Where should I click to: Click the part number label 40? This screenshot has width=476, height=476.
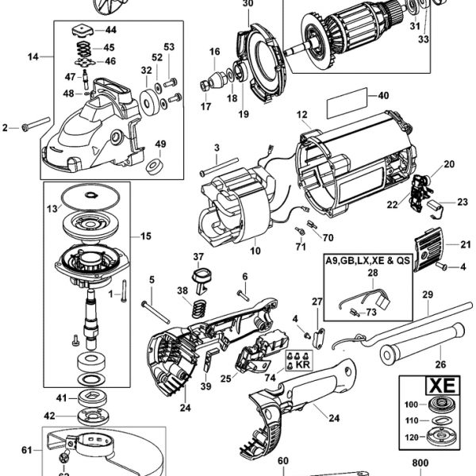coord(383,96)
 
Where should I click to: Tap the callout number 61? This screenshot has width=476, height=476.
coord(27,450)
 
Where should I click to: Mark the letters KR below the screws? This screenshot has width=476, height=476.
coord(303,369)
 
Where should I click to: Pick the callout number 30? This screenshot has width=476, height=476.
coord(248,4)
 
